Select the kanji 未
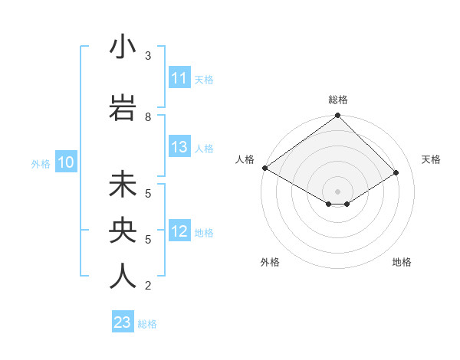[123, 185]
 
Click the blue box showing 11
[179, 78]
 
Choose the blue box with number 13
[179, 148]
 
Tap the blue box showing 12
[179, 232]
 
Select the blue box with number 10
[66, 162]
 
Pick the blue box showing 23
[123, 323]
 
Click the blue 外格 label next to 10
[41, 163]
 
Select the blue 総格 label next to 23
[148, 324]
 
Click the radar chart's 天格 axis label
[432, 159]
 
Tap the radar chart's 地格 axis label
[402, 262]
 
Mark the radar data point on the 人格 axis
[264, 168]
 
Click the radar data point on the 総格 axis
[337, 116]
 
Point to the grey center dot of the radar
[337, 191]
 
